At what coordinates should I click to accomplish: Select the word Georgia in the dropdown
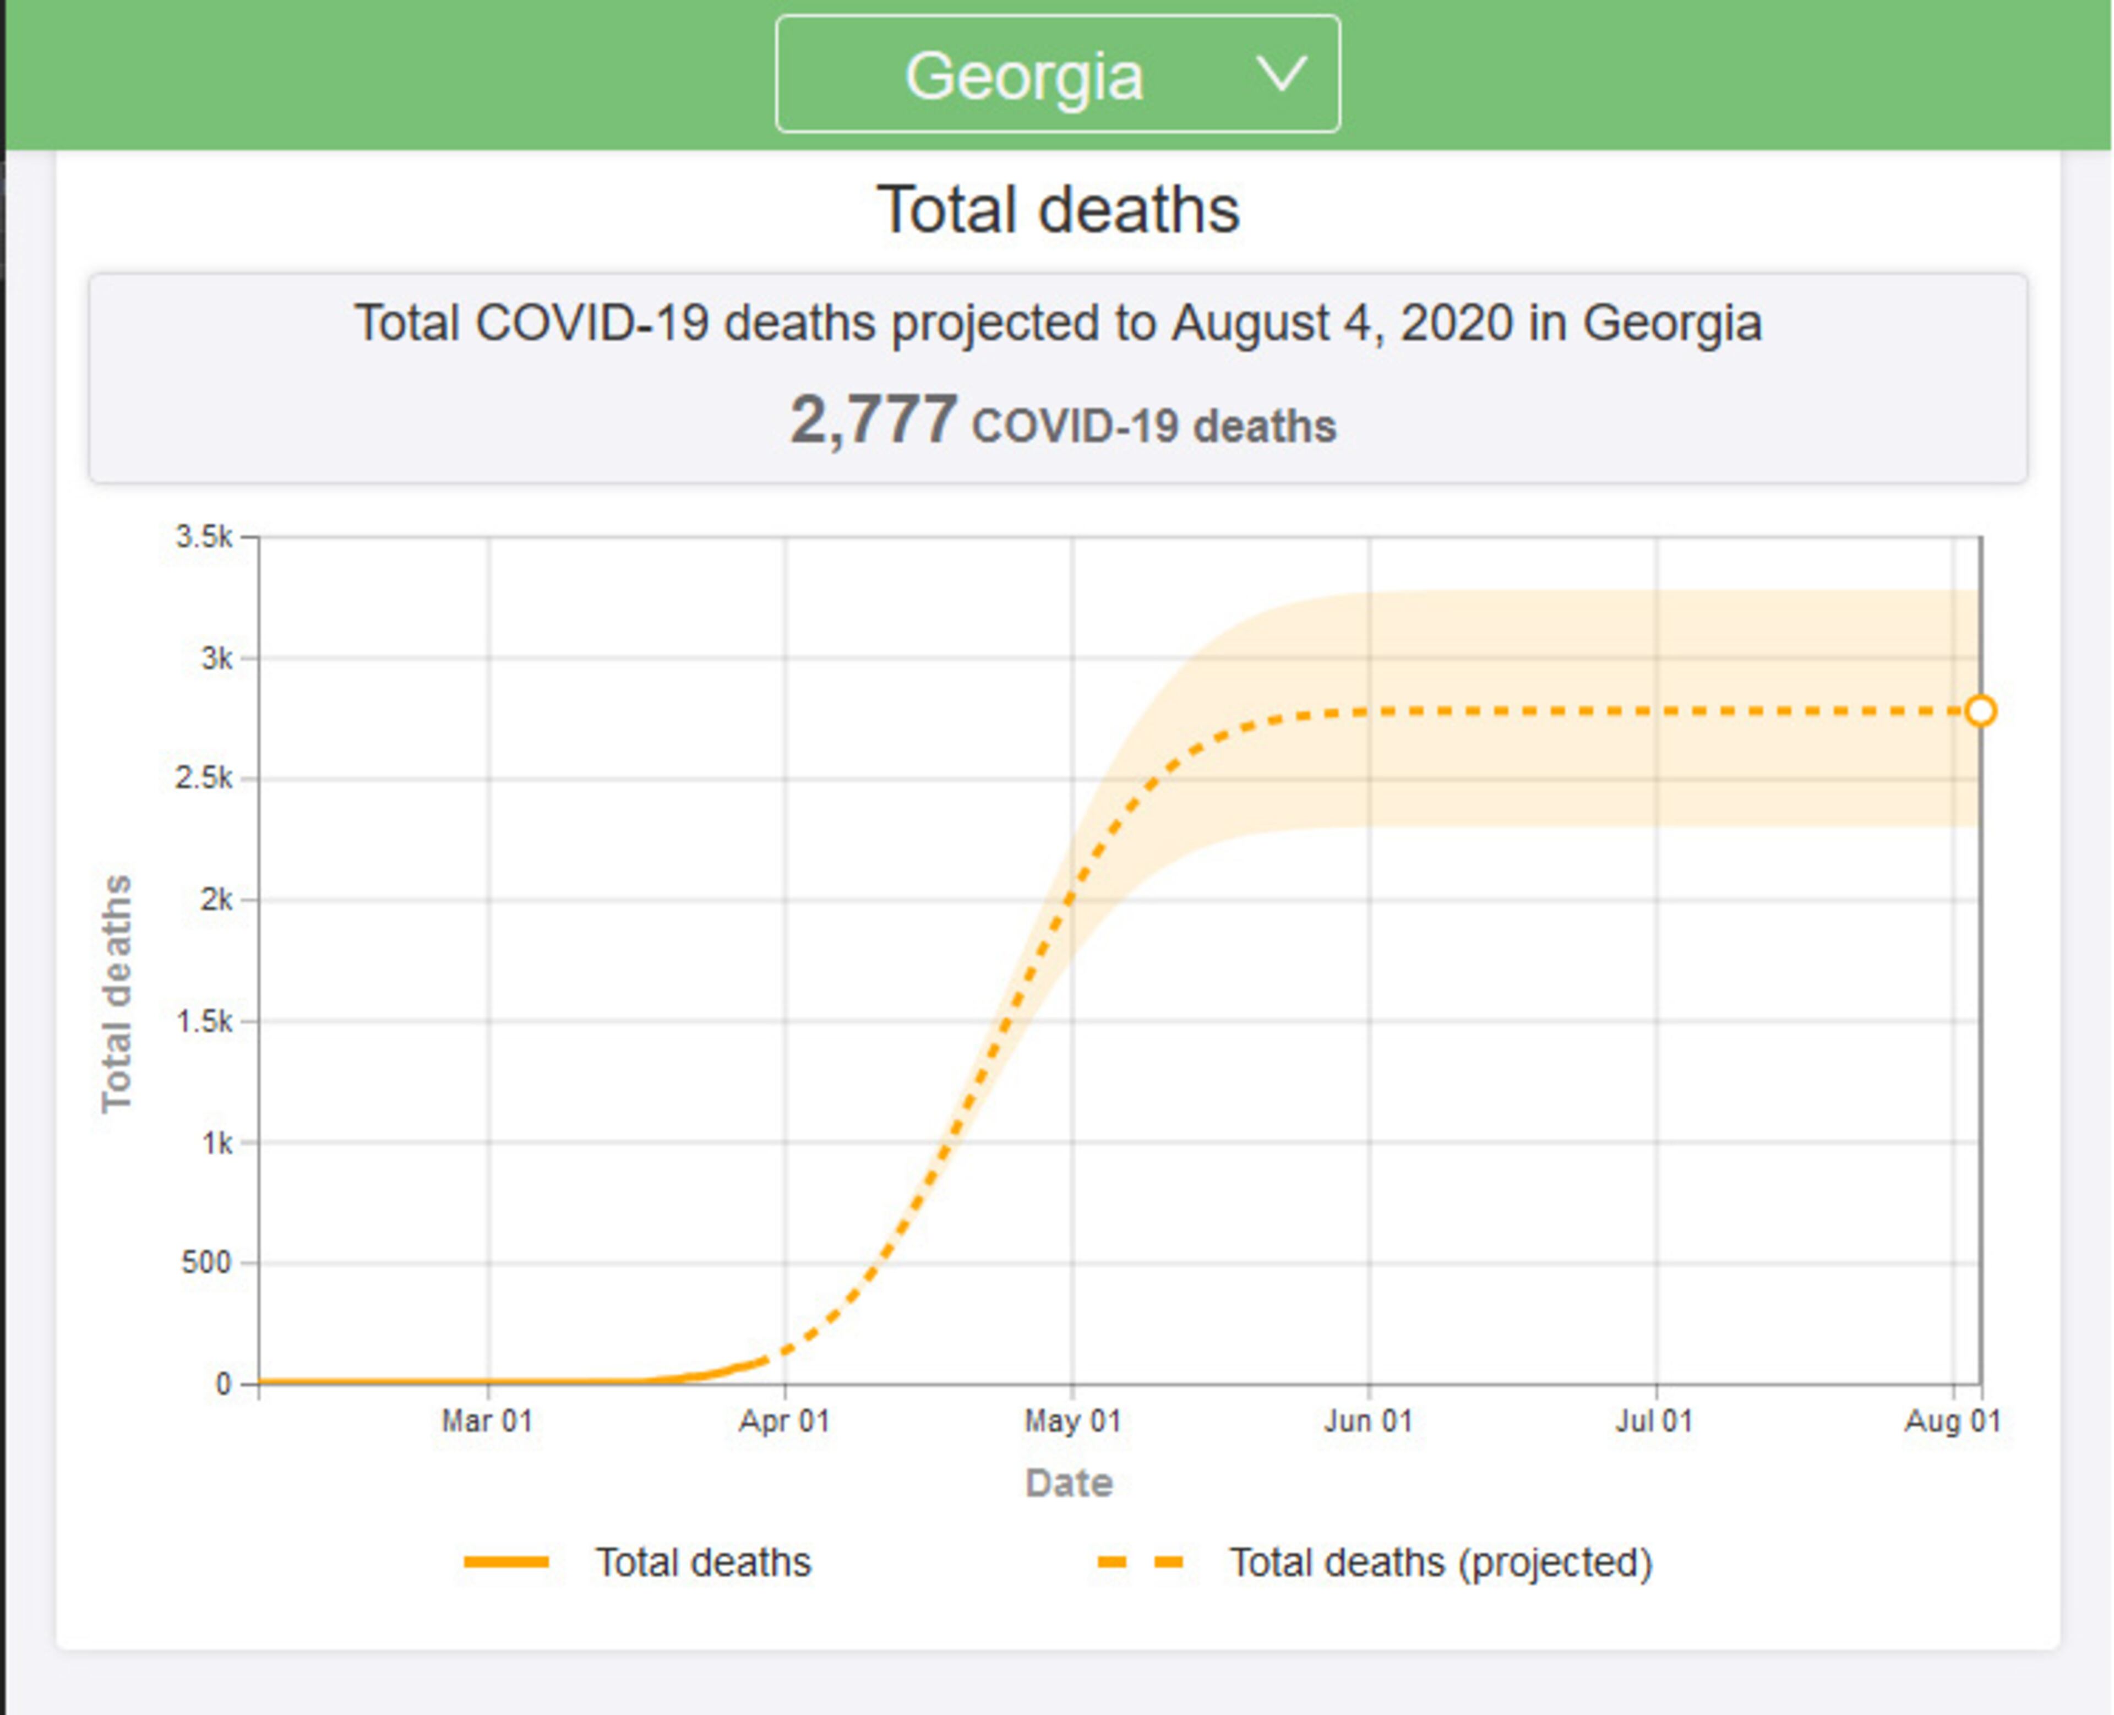click(x=1025, y=76)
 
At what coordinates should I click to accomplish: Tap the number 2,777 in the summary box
click(x=873, y=420)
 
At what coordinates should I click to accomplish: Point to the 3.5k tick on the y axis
click(x=204, y=537)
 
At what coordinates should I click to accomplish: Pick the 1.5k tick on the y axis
click(x=204, y=1021)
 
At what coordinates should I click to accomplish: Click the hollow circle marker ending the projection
click(x=1981, y=711)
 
